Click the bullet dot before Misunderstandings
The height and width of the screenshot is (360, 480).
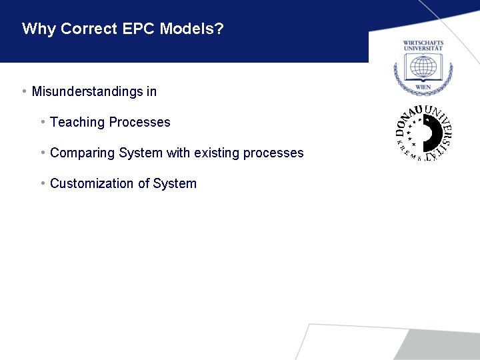click(23, 91)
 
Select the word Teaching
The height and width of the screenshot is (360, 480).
click(77, 123)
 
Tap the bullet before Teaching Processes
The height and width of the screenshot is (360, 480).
click(42, 122)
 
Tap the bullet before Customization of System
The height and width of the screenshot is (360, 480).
click(42, 183)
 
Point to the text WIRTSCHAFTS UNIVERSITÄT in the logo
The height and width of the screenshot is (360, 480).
click(423, 45)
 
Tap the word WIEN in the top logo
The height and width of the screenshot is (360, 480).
click(423, 87)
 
